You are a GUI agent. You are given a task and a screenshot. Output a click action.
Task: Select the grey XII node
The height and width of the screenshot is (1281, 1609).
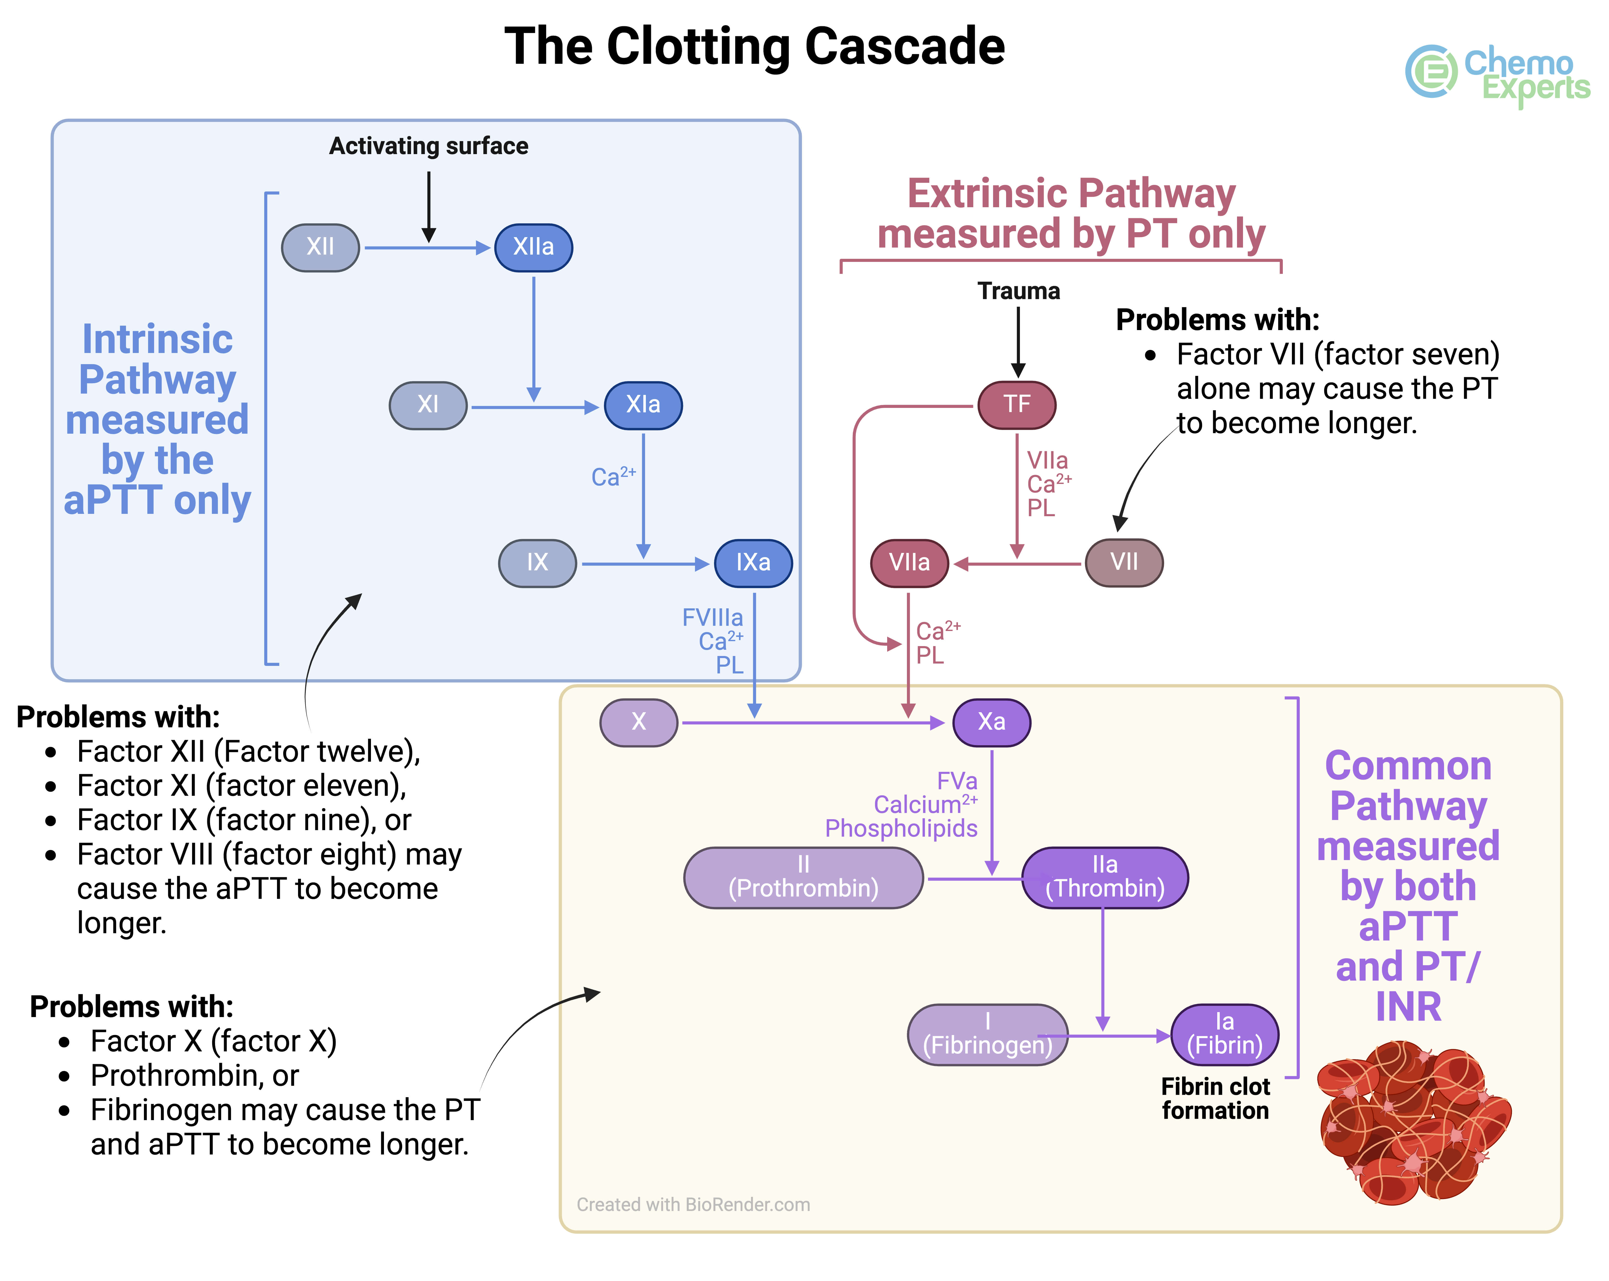click(320, 247)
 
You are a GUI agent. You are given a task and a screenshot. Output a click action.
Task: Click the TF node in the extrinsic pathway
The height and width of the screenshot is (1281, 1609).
click(1017, 405)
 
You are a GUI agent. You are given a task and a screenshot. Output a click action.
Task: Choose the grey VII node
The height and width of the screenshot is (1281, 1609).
click(1124, 562)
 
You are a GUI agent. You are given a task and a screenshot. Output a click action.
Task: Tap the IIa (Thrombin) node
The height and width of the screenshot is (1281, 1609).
click(1105, 877)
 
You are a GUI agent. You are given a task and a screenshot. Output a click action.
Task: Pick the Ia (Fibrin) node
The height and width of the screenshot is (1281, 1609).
click(1225, 1034)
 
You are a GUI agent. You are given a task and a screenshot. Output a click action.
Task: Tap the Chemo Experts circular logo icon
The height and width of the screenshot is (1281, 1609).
click(1431, 72)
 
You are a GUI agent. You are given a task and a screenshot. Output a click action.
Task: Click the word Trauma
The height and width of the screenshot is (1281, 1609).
click(1019, 291)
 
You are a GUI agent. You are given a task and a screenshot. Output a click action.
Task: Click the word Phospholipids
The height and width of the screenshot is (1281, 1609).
click(901, 828)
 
